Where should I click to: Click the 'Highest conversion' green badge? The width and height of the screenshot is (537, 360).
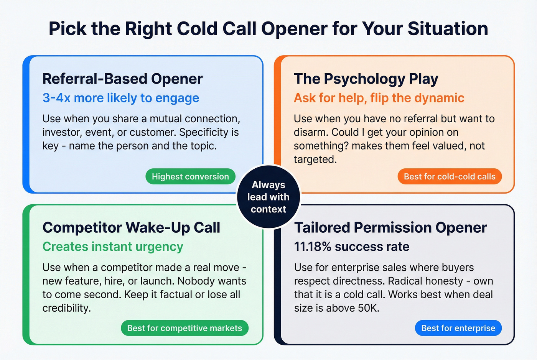(x=190, y=177)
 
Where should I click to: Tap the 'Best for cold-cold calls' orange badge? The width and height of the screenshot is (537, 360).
(x=450, y=177)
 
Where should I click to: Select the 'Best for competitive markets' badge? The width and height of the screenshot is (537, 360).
(x=184, y=328)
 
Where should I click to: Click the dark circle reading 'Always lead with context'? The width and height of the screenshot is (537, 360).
(x=268, y=197)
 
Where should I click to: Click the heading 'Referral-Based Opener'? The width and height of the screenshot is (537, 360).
(x=122, y=79)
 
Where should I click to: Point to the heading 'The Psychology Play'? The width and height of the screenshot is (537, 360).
(x=366, y=79)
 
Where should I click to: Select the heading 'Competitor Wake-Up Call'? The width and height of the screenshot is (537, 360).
(x=131, y=228)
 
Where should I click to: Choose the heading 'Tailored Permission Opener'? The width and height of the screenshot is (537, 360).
(x=390, y=228)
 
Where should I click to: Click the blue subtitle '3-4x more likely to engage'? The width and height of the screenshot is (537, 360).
(x=121, y=98)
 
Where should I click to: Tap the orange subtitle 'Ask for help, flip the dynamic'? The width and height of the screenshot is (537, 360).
(x=379, y=98)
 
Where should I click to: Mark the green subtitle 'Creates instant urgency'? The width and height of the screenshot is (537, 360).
(x=113, y=247)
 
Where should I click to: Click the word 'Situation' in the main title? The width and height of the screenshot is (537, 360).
(x=448, y=29)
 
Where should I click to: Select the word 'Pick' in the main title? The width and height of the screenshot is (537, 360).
(x=68, y=29)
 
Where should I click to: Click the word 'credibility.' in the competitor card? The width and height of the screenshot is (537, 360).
(x=67, y=308)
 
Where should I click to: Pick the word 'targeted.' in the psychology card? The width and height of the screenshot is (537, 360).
(x=315, y=159)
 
